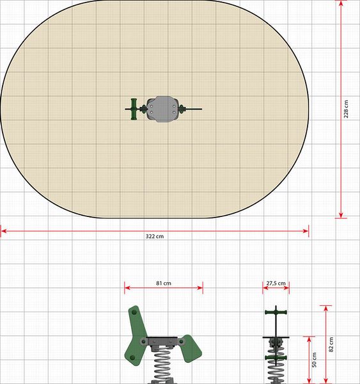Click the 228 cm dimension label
click(x=346, y=109)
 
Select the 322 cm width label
click(x=155, y=236)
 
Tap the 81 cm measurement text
click(x=164, y=283)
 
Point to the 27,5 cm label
click(x=276, y=283)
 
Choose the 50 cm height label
click(x=314, y=360)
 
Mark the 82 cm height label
click(x=331, y=344)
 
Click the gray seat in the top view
click(x=162, y=109)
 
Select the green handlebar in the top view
click(x=134, y=109)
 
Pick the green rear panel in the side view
click(x=192, y=348)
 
